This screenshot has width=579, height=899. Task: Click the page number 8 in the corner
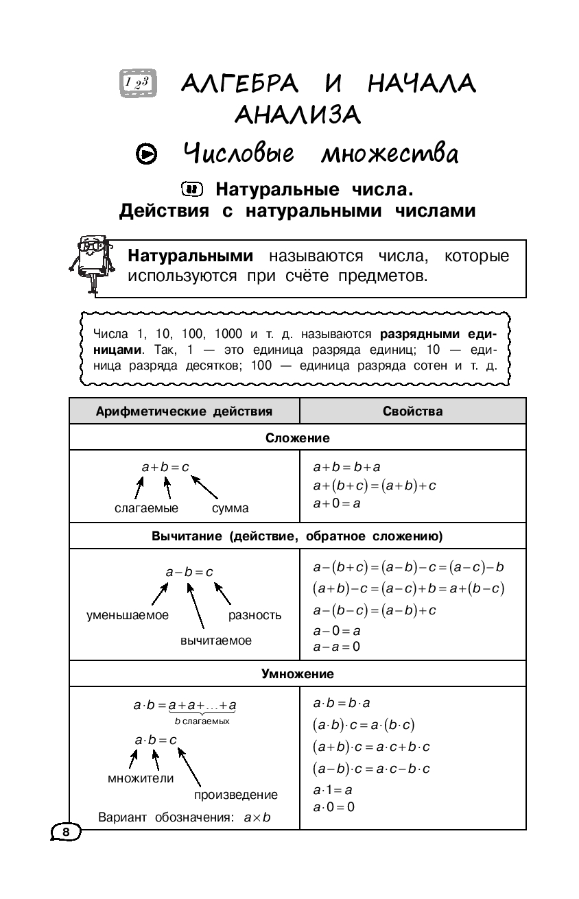(66, 832)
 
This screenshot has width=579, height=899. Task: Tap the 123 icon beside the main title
(139, 84)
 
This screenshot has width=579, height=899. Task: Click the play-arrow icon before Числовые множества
(146, 154)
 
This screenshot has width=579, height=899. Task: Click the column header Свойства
(412, 411)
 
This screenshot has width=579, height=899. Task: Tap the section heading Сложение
(298, 437)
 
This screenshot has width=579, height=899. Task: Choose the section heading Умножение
(298, 673)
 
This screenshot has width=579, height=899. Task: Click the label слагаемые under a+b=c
(146, 508)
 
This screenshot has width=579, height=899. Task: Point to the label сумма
(230, 508)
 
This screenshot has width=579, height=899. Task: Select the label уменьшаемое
(128, 615)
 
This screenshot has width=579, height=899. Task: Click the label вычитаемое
(216, 640)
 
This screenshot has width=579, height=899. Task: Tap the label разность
(255, 615)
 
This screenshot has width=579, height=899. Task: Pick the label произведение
(236, 795)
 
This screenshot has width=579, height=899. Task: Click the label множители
(141, 778)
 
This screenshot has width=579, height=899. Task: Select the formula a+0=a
(337, 503)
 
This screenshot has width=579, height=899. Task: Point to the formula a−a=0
(336, 646)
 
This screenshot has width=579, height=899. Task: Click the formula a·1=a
(333, 790)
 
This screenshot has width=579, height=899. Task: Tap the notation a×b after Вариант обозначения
(257, 817)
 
